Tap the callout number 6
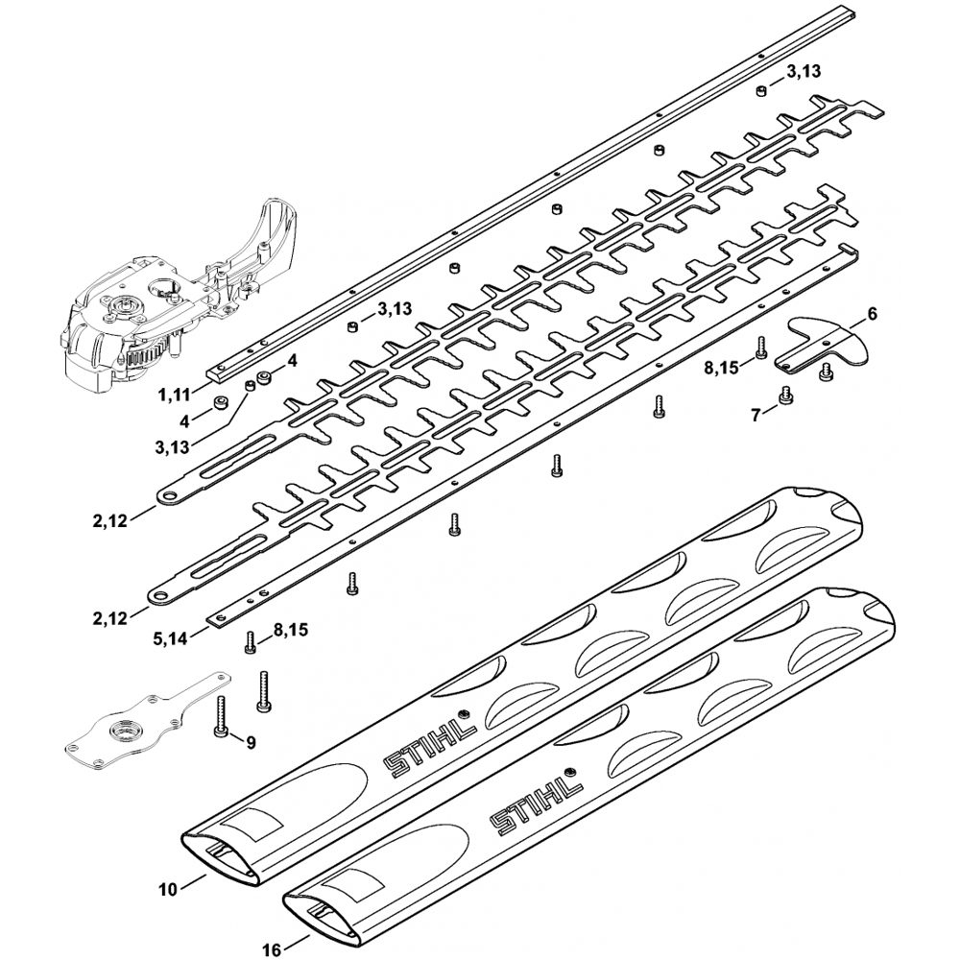(x=872, y=314)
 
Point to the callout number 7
(x=756, y=414)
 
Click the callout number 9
(x=251, y=741)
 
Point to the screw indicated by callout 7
(x=786, y=396)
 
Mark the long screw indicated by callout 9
(x=221, y=718)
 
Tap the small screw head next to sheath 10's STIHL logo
(x=465, y=714)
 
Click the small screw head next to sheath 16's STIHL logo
(x=570, y=771)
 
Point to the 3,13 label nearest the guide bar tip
(x=803, y=72)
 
